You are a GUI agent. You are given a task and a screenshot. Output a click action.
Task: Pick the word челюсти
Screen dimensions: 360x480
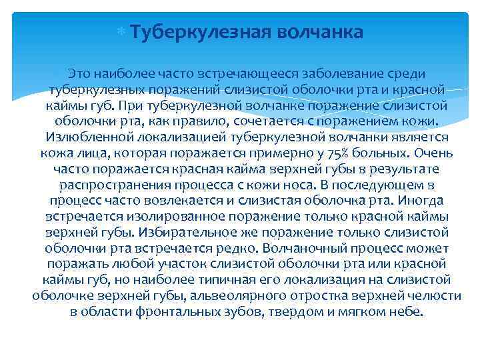tap(428, 296)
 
